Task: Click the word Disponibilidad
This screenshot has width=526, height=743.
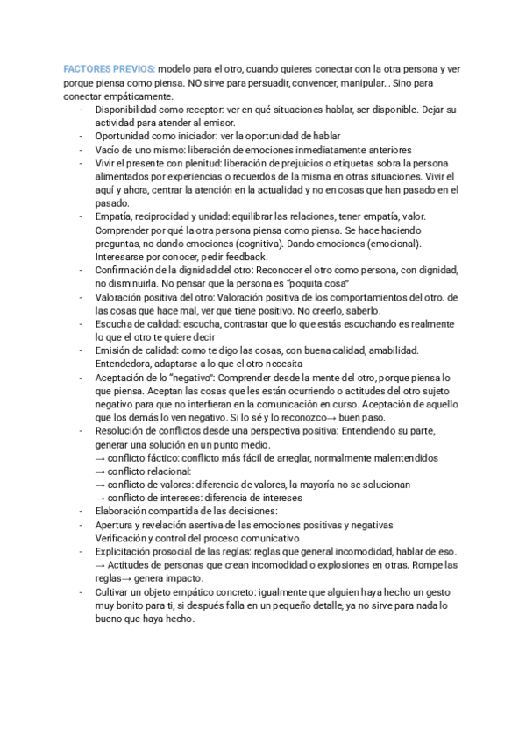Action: pos(130,110)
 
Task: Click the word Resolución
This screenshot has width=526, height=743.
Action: pos(122,431)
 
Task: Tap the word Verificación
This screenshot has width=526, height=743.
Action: pos(123,538)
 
